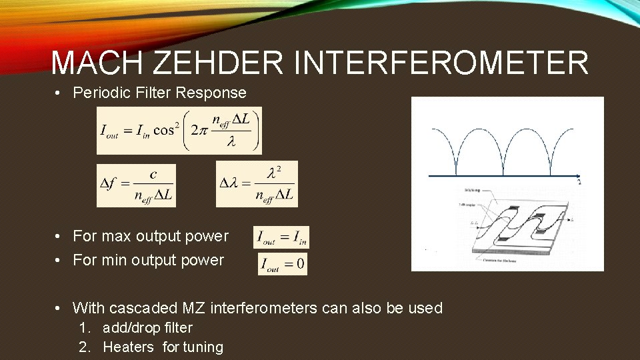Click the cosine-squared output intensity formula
pyautogui.click(x=179, y=130)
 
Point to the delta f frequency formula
pyautogui.click(x=136, y=185)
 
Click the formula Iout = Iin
pyautogui.click(x=281, y=237)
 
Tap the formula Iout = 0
pyautogui.click(x=283, y=263)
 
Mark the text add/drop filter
pyautogui.click(x=147, y=328)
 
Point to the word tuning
pyautogui.click(x=203, y=347)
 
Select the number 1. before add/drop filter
pyautogui.click(x=84, y=328)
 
